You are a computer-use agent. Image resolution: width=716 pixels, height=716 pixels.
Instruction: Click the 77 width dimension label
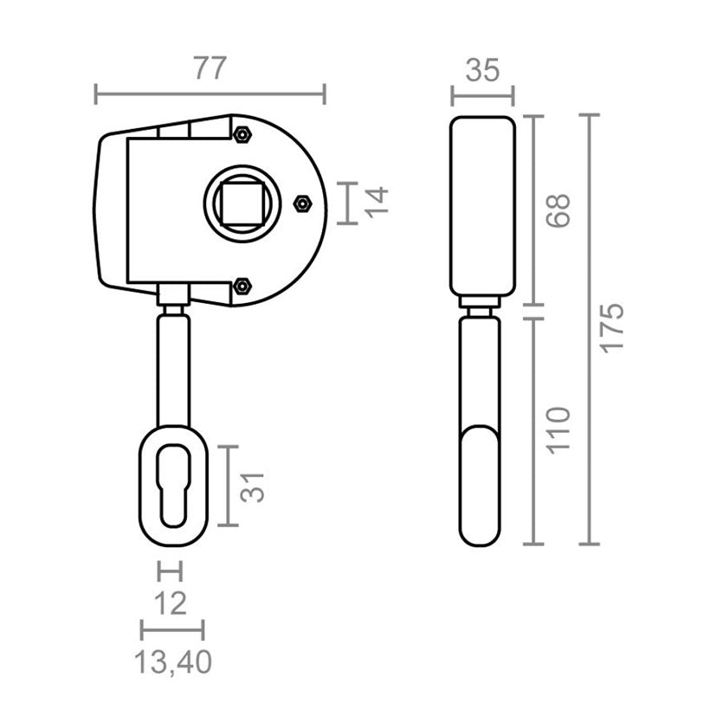tap(210, 68)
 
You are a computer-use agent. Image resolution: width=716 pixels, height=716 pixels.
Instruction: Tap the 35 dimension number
tap(482, 71)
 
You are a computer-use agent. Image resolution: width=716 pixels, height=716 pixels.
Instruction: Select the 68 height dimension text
tap(558, 210)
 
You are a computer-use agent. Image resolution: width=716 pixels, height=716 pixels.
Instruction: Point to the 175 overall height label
tap(611, 327)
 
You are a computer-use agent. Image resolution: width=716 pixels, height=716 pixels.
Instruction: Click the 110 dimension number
tap(558, 430)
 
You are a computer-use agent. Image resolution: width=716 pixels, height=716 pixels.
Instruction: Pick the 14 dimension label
tap(377, 203)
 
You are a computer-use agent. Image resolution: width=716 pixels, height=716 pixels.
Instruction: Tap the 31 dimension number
tap(253, 487)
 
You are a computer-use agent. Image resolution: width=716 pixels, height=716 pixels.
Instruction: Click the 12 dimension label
tap(171, 603)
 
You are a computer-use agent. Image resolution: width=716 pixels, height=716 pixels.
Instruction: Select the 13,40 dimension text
tap(173, 662)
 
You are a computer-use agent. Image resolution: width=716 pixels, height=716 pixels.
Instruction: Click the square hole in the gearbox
tap(242, 203)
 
